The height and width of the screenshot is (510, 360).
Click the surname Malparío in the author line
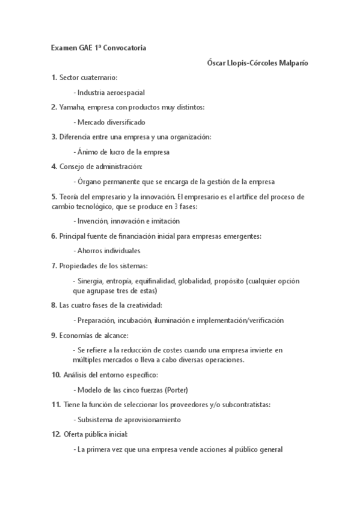(290, 63)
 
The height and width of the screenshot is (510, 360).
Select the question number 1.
(54, 78)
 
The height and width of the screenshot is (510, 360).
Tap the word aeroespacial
(125, 93)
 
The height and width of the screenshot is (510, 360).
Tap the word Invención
(93, 221)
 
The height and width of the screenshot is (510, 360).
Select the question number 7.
(54, 266)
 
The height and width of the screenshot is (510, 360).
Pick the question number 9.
(54, 335)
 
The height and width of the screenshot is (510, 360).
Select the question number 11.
(56, 405)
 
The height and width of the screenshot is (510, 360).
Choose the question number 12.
(56, 434)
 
